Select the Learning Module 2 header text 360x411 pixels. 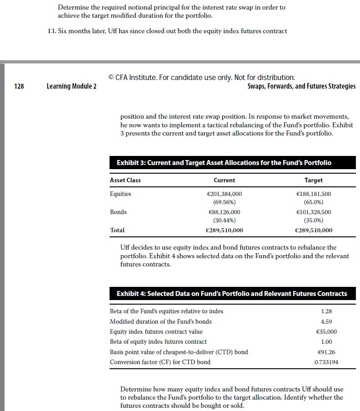coord(71,86)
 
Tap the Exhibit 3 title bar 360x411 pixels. coord(224,163)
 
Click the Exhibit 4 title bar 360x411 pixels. coord(232,294)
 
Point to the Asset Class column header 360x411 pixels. coord(125,180)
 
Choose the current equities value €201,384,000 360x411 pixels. coord(225,194)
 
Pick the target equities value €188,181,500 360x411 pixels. coord(314,194)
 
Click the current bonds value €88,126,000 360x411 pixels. coord(225,212)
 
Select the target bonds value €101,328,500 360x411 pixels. coord(314,212)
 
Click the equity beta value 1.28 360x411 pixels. coord(326,311)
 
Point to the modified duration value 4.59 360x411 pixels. coord(326,321)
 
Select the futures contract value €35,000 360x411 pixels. coord(325,332)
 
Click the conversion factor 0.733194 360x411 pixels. coord(326,362)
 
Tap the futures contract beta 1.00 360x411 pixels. coord(326,342)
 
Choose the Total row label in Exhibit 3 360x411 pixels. coord(117,231)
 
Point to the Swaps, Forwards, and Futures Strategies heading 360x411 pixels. coord(301,86)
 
